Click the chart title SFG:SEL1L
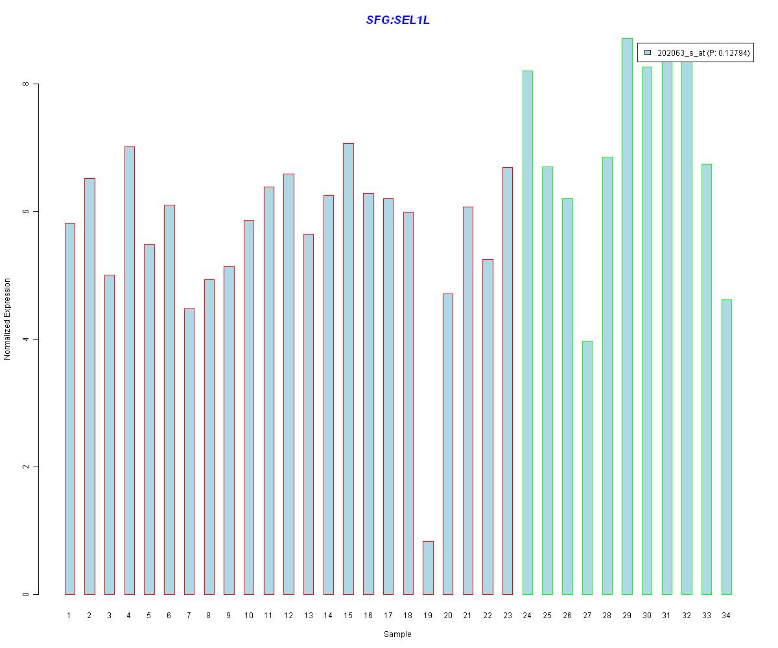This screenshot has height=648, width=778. pos(397,20)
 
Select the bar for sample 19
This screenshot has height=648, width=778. pos(428,568)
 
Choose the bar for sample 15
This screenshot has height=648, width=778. pos(348,369)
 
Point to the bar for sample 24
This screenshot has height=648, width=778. pos(527,332)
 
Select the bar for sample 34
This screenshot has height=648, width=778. pos(726,447)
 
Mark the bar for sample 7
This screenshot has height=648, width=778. pos(189,452)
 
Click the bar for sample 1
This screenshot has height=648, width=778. pos(70,409)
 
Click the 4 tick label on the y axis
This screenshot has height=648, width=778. pos(27,339)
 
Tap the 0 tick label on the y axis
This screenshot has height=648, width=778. pos(27,594)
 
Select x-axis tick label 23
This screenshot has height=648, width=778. pos(507,616)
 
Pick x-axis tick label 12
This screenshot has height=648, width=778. pos(289,616)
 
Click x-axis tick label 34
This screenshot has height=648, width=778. pos(726,616)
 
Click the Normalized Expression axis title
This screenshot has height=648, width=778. pos(8,319)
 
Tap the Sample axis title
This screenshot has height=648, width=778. pos(397,634)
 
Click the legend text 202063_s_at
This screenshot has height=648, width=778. pos(681,53)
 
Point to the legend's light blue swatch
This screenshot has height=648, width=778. pos(647,53)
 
